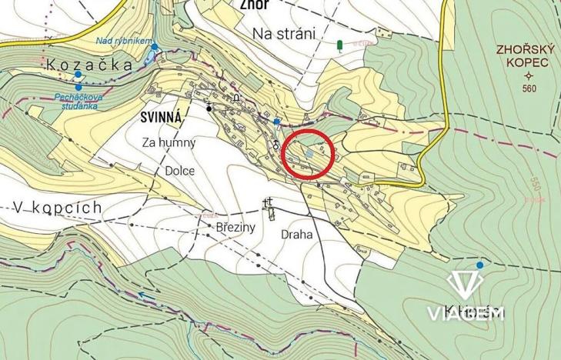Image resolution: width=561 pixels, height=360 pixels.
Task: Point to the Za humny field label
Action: point(169,142)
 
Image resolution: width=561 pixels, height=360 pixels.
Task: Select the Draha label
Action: point(297,235)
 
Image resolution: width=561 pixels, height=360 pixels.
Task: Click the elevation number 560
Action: point(528,89)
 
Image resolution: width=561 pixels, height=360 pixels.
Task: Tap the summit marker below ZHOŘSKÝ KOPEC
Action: point(528,76)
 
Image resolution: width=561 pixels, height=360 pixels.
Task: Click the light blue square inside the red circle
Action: point(309,154)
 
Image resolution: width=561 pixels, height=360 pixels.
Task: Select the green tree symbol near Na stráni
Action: point(340,46)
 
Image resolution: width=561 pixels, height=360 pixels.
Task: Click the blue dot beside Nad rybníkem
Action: point(155,47)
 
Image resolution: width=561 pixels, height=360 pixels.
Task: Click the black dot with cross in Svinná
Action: point(209,108)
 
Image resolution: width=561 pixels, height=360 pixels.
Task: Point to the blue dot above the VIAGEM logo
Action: point(480,265)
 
